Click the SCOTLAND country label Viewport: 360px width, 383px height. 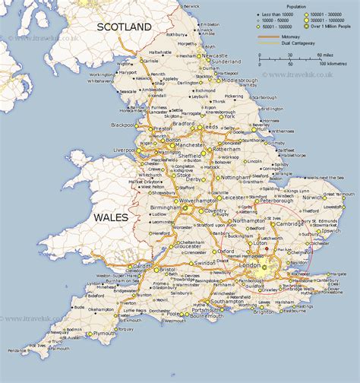point(124,27)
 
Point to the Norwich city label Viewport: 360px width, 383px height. point(312,197)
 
